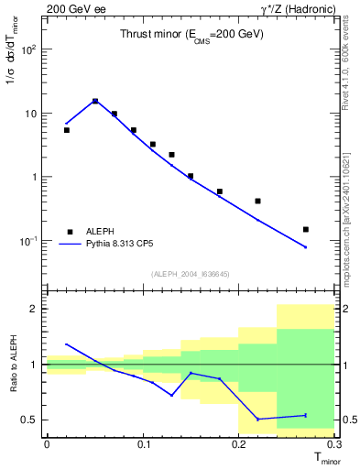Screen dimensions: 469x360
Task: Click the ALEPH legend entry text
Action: [104, 232]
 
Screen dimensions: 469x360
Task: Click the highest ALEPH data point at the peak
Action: [95, 102]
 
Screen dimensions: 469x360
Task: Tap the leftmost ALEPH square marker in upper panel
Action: [66, 130]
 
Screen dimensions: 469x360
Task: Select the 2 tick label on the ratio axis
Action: [33, 309]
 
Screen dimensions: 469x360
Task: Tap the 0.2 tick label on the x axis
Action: [238, 444]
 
